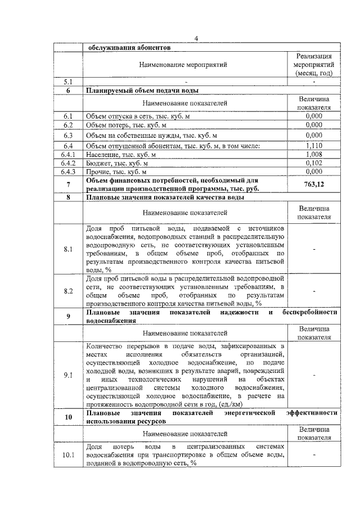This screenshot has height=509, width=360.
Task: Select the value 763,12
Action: pos(314,184)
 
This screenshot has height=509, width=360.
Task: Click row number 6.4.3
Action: pos(68,172)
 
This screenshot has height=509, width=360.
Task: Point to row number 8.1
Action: pos(68,250)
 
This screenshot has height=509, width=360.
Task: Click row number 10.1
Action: pos(68,454)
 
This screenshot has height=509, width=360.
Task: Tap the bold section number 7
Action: pos(68,184)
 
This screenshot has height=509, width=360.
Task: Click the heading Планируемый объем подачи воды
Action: pos(141,90)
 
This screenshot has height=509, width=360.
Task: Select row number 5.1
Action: pos(68,82)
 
